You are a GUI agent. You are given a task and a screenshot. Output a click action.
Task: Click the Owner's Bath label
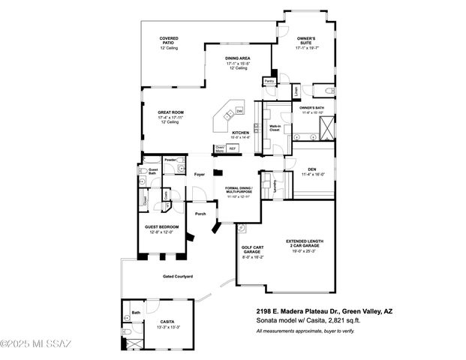click(x=311, y=108)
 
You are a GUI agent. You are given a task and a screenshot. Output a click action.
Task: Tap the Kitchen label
click(x=240, y=133)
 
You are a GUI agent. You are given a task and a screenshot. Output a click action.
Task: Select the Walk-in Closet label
click(x=275, y=127)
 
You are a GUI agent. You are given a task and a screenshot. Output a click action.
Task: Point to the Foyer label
click(x=200, y=175)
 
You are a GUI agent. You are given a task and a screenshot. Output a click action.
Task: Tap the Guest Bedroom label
click(x=159, y=228)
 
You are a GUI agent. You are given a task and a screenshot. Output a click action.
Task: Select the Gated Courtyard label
click(x=178, y=277)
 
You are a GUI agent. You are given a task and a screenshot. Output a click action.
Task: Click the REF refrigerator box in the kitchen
click(x=233, y=148)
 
